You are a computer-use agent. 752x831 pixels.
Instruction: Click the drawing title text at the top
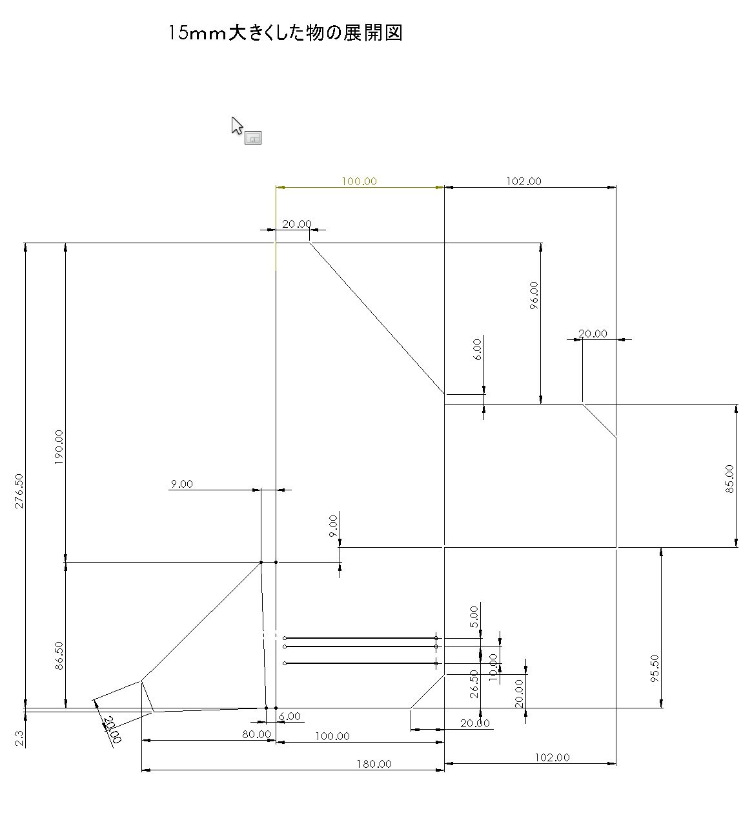(x=285, y=33)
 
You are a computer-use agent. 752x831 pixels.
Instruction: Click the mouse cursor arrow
(x=237, y=125)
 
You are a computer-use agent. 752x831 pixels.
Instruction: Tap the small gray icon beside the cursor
(x=253, y=137)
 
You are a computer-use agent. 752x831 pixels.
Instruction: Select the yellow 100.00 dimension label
(x=359, y=181)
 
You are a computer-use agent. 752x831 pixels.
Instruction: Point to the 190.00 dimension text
(x=59, y=448)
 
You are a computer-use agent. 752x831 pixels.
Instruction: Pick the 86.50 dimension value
(x=59, y=656)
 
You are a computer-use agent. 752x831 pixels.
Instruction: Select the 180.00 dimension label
(x=374, y=764)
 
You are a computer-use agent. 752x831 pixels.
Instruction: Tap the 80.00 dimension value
(x=256, y=734)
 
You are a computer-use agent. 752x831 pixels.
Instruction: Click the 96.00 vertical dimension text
(x=534, y=295)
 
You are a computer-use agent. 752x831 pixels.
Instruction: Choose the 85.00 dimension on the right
(x=729, y=479)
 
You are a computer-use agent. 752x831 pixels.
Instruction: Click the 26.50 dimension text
(x=474, y=684)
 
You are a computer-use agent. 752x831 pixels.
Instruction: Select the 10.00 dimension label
(x=494, y=667)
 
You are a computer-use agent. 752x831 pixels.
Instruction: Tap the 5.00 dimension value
(x=474, y=617)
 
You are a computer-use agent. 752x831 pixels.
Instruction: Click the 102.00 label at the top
(x=523, y=181)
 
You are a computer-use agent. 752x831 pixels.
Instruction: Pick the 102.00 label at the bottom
(x=553, y=757)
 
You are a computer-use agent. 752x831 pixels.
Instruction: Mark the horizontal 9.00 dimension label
(x=181, y=484)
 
